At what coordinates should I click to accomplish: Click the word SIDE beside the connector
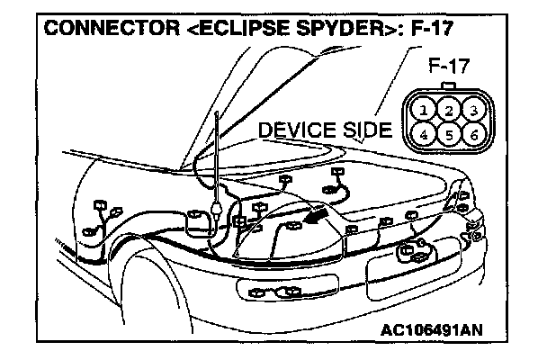[x=364, y=131]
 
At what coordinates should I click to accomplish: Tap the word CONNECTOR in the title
[x=99, y=28]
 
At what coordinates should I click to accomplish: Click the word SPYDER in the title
[x=328, y=28]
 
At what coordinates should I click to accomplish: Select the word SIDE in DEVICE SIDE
[x=364, y=131]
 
